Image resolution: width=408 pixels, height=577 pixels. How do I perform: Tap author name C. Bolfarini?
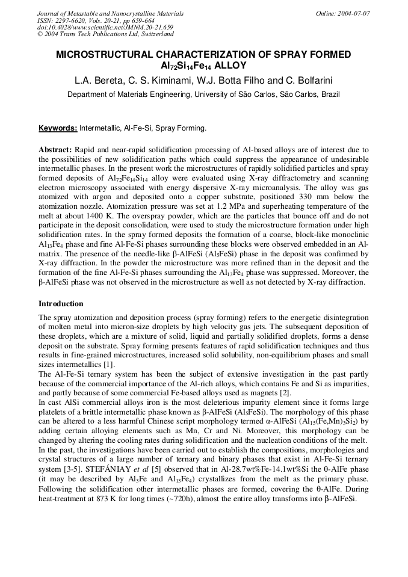point(308,80)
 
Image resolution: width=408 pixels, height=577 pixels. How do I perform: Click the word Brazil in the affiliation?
point(330,94)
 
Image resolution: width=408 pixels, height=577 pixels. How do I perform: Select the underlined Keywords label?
point(58,128)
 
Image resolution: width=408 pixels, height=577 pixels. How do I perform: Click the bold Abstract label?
point(55,149)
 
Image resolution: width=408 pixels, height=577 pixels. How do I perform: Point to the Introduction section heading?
point(61,304)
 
